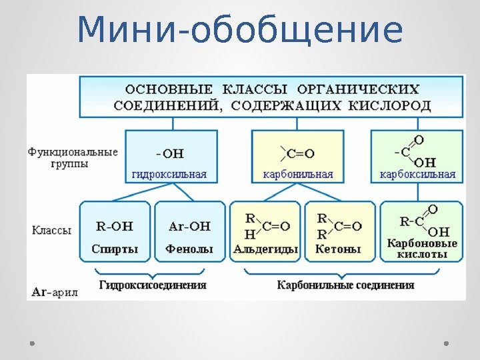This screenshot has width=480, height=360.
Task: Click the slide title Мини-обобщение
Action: tap(240, 31)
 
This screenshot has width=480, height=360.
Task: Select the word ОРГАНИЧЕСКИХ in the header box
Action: tap(359, 89)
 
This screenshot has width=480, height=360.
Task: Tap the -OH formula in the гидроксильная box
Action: tap(169, 154)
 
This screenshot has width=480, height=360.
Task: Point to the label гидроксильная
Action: tap(169, 175)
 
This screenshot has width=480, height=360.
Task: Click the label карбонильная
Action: tap(293, 175)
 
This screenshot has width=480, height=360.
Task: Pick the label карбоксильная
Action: tap(417, 175)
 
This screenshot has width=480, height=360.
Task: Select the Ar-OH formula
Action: tap(189, 226)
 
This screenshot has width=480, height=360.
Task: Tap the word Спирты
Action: tap(115, 249)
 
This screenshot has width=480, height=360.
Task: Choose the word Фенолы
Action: tap(189, 249)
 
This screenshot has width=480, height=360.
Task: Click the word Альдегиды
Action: tap(266, 249)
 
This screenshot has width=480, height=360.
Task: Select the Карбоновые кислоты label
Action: tap(422, 248)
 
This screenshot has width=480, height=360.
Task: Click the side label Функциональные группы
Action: tap(73, 157)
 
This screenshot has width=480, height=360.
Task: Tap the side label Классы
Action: tap(51, 230)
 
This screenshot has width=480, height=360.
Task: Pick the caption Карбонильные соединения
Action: tap(345, 285)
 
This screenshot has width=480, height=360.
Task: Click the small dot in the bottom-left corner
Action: tap(32, 343)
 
